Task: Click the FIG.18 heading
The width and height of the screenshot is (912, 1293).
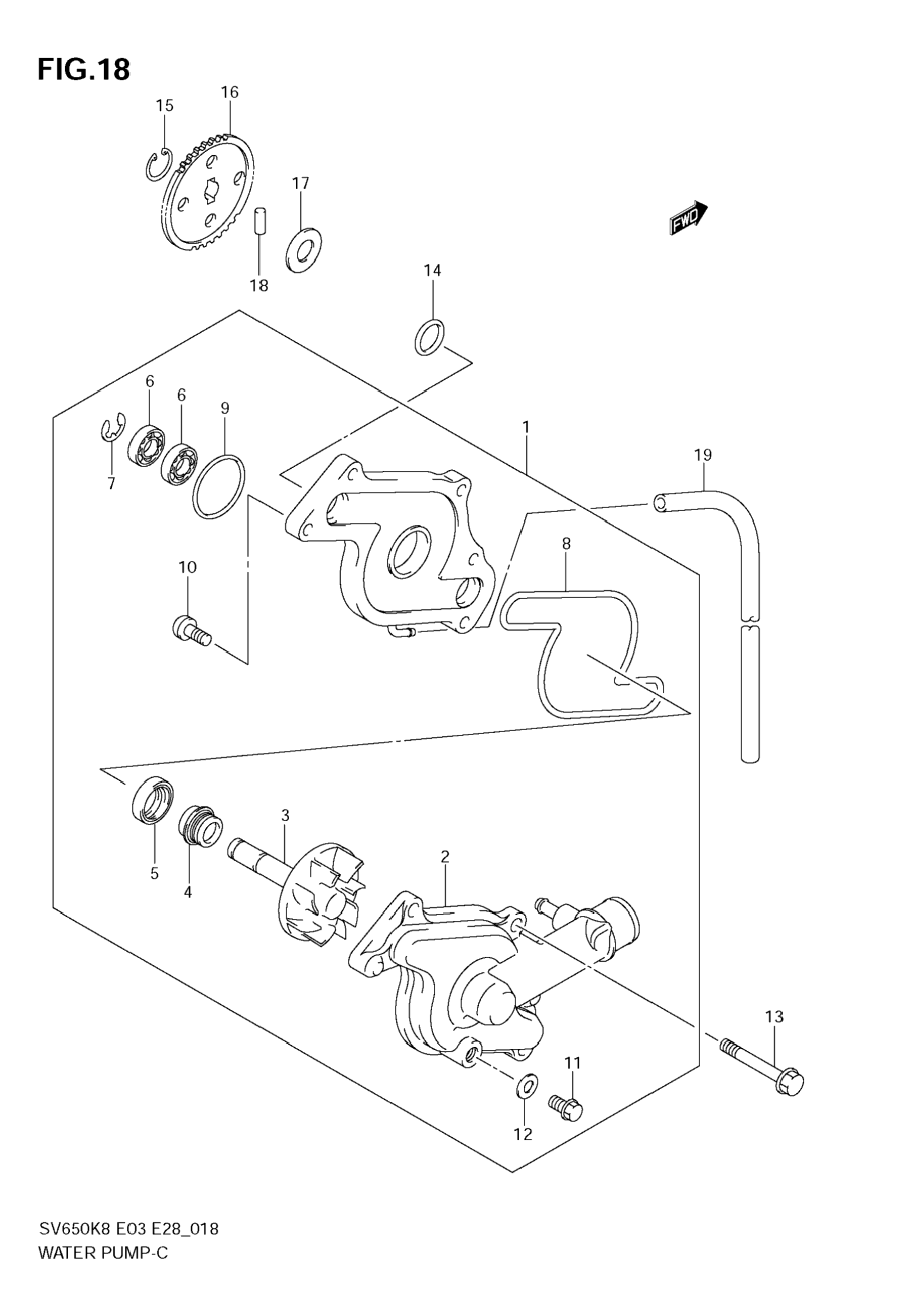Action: (84, 69)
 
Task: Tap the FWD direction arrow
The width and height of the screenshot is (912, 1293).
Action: (689, 217)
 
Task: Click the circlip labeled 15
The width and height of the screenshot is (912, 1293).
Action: (158, 165)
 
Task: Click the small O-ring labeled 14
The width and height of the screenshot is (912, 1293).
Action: (429, 338)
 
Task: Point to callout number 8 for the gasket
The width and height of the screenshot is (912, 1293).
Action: (566, 544)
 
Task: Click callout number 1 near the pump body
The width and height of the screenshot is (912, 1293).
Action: (526, 427)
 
